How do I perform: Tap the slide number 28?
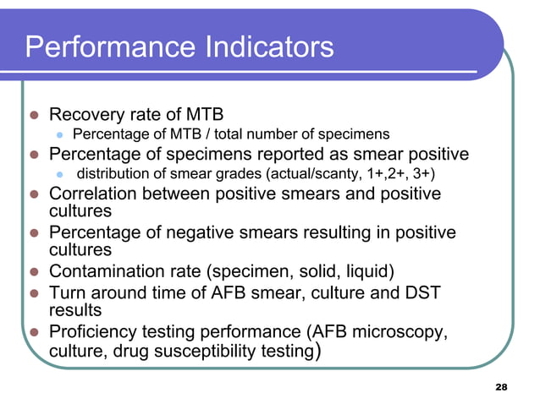pyautogui.click(x=499, y=387)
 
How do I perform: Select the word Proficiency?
pyautogui.click(x=95, y=330)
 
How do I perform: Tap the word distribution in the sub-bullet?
pyautogui.click(x=114, y=174)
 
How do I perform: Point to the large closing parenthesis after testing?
pyautogui.click(x=316, y=350)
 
